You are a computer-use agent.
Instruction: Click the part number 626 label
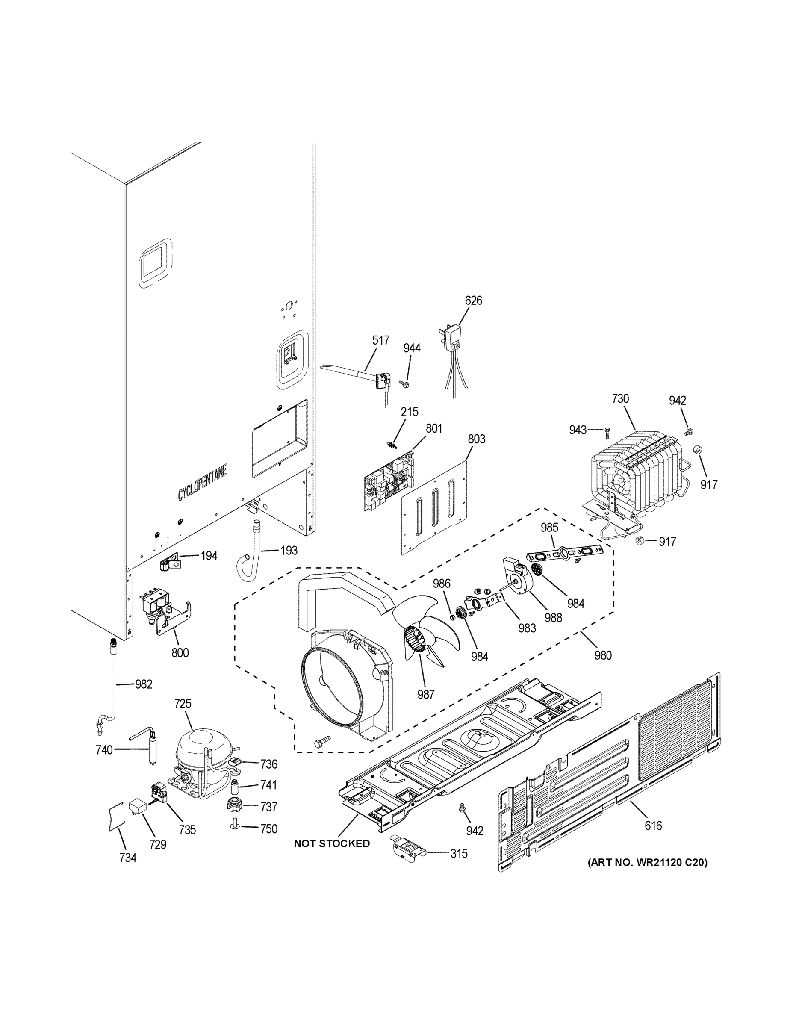point(473,300)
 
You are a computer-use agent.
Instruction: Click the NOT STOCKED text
point(332,844)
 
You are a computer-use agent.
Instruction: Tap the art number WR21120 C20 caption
point(647,863)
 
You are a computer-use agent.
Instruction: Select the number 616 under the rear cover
point(653,826)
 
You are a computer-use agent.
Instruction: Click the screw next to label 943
point(607,430)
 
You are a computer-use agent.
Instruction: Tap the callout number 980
point(603,655)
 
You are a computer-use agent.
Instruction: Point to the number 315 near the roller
point(459,854)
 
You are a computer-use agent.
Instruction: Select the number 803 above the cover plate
point(476,439)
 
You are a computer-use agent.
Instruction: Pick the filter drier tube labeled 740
point(153,750)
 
